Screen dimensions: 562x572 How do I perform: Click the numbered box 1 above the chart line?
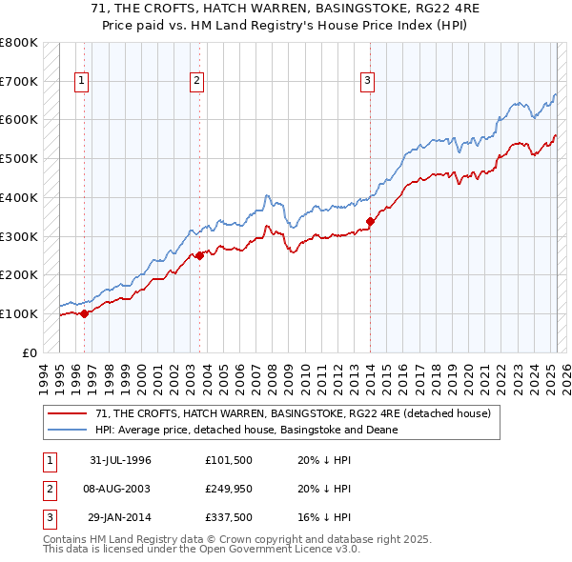(x=83, y=82)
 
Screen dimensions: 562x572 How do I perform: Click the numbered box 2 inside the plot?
(x=196, y=82)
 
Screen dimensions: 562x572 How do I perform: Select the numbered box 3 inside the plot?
(x=367, y=82)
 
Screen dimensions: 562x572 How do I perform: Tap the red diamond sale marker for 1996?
(x=84, y=312)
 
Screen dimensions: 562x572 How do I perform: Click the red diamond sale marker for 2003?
(x=200, y=255)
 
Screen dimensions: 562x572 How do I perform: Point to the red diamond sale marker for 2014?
(x=370, y=222)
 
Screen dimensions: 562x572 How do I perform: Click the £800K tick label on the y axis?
(x=19, y=44)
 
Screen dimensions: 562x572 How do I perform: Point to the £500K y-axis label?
(x=19, y=159)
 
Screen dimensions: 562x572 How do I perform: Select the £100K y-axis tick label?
(x=19, y=313)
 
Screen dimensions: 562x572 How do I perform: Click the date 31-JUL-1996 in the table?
(x=120, y=460)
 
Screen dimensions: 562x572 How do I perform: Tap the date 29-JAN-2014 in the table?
(x=120, y=517)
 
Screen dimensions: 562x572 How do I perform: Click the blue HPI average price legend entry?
(x=246, y=430)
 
